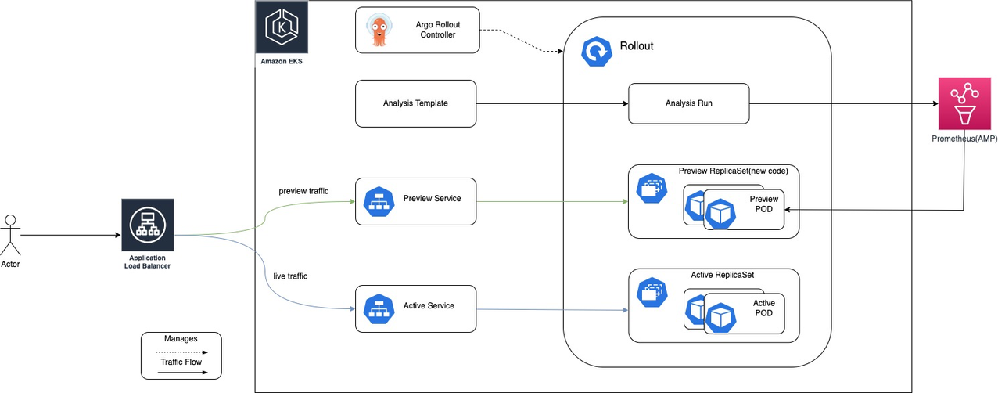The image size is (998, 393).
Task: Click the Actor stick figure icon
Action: (10, 234)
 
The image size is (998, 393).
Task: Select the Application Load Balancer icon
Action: (147, 225)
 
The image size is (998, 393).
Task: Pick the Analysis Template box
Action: (415, 103)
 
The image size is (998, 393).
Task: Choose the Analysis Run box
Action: (688, 103)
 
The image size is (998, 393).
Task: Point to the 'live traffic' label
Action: (290, 276)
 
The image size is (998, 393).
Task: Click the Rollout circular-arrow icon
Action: (596, 52)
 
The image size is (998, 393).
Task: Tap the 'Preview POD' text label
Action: (763, 204)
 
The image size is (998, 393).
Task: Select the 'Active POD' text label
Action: (763, 308)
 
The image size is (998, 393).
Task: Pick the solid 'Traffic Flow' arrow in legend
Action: (181, 373)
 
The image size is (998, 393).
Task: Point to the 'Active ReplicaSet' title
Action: (722, 275)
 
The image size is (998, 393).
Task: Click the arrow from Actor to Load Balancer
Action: (70, 235)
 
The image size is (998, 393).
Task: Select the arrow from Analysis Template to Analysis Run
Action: (551, 103)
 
